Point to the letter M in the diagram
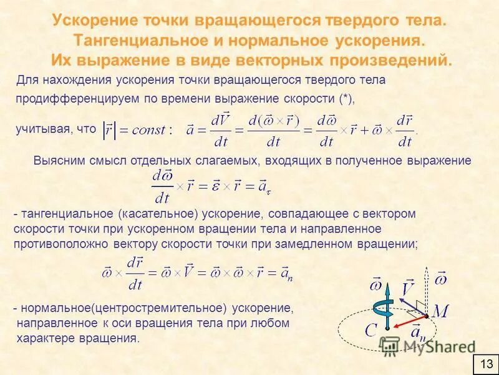441,310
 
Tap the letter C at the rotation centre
371,329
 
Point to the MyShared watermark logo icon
391,346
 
